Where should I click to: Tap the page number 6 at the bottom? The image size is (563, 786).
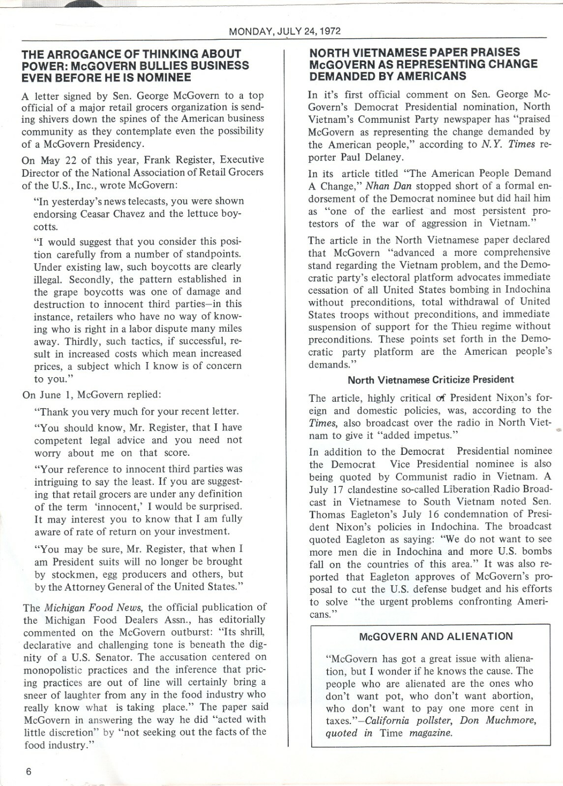coord(29,771)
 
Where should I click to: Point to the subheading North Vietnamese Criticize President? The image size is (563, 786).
coord(431,380)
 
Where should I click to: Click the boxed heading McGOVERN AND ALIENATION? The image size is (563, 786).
coord(436,637)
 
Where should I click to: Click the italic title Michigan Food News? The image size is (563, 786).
coord(90,607)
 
